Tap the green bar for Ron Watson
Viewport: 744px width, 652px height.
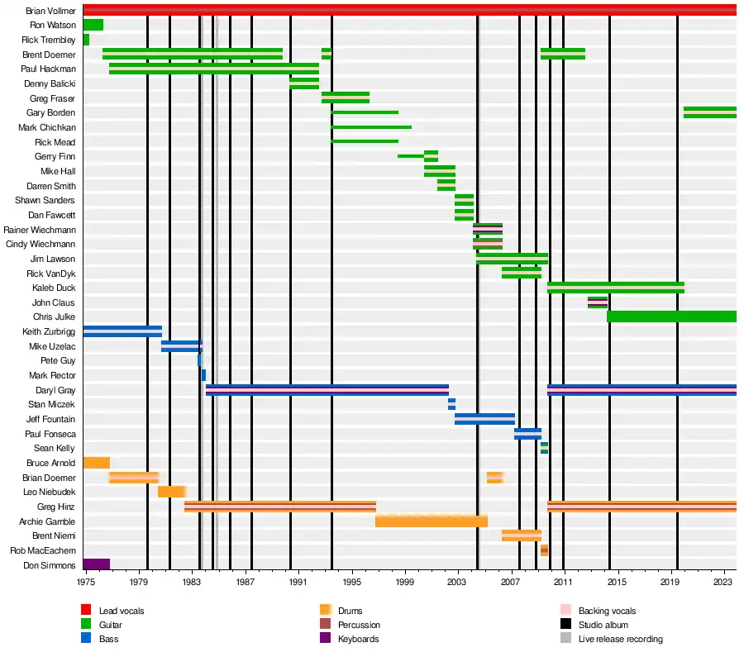pos(93,25)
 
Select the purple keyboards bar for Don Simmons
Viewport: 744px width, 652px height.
pos(97,564)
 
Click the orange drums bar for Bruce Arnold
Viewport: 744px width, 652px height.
pos(97,463)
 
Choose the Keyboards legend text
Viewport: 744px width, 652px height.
pos(359,639)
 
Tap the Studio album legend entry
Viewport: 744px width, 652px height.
pos(603,625)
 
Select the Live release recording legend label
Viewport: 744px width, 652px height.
pos(620,639)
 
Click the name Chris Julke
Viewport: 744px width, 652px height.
pos(54,316)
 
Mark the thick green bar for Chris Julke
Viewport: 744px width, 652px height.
pos(671,316)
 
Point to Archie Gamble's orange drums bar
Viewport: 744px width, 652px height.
pos(432,521)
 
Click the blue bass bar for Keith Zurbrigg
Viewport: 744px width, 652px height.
pos(122,331)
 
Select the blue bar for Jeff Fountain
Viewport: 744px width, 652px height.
pos(484,419)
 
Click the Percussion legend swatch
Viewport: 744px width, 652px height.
pos(326,625)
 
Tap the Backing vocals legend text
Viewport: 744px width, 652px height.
pos(608,611)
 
